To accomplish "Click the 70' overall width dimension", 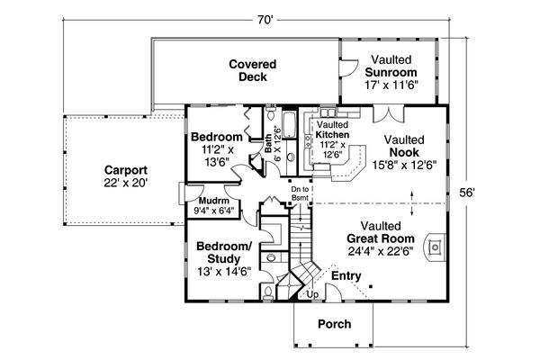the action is [x=265, y=20].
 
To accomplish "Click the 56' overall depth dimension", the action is [x=467, y=193].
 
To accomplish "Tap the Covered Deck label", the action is [x=252, y=70].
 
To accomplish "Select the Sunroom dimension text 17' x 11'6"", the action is [x=391, y=85].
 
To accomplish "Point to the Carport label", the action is [x=126, y=170].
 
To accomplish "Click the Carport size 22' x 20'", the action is [x=126, y=183].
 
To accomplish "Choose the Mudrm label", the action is [x=214, y=201].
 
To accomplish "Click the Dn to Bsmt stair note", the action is [x=300, y=193].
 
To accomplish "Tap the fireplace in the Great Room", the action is [x=435, y=247].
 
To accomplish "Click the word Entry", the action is [x=346, y=276].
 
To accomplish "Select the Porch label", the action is [x=335, y=324].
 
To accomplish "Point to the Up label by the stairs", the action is [x=312, y=295].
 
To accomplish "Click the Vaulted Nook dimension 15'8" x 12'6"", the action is [x=404, y=165].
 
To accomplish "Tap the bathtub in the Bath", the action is [x=289, y=124].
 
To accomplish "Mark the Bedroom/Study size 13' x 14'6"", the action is [x=224, y=272].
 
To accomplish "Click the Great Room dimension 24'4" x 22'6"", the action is [x=381, y=251].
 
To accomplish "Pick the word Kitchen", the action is [x=332, y=134].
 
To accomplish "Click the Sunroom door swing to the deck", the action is [x=348, y=67].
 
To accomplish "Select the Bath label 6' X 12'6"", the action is [x=273, y=145].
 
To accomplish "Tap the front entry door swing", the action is [x=334, y=292].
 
